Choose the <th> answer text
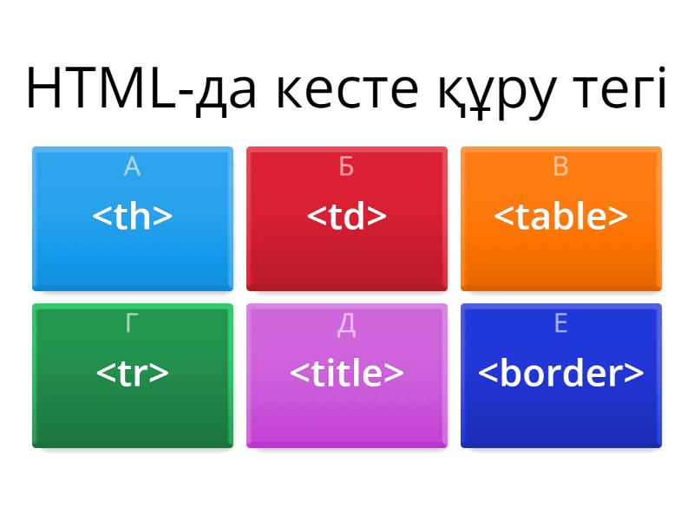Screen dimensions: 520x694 133,217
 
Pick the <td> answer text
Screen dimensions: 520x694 347,217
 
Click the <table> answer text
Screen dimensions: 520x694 560,217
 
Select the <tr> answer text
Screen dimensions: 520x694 133,373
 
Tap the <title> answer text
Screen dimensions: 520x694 347,373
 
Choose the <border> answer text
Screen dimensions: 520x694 560,373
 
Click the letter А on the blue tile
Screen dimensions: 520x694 132,166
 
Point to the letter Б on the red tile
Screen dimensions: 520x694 346,166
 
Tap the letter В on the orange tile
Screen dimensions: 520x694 560,166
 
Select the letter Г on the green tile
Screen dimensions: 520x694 132,323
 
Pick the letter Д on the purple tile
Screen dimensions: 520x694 346,324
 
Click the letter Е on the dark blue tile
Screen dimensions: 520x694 560,323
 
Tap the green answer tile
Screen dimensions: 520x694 133,412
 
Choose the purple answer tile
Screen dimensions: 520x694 347,412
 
